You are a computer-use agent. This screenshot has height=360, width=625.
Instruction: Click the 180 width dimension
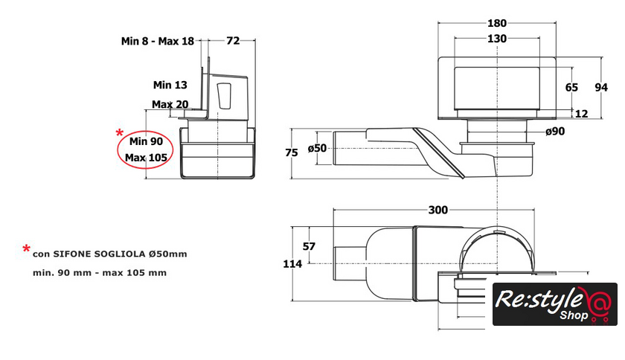click(497, 23)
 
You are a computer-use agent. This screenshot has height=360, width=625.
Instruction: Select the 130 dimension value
click(497, 39)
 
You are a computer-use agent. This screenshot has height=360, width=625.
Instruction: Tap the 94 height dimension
click(601, 87)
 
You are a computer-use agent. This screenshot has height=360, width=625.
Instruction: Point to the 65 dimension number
click(571, 87)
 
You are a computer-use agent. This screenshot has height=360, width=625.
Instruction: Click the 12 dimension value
click(582, 114)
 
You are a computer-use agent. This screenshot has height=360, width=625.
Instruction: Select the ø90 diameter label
click(555, 131)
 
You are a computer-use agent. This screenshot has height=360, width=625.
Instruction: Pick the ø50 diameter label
click(317, 148)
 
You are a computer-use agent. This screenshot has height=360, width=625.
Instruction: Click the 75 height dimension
click(292, 152)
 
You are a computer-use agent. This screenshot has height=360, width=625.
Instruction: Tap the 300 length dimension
click(437, 210)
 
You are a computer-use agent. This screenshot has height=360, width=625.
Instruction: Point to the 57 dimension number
click(309, 246)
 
